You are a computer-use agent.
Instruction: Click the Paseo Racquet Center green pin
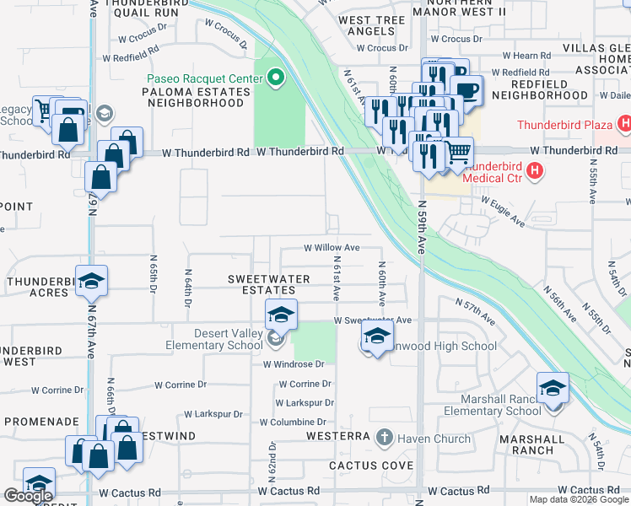(276, 79)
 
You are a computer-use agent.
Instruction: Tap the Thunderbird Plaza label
(564, 126)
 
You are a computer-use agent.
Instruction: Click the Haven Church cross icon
(385, 437)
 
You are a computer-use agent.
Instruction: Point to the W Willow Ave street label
(332, 248)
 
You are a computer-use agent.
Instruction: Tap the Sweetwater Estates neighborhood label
(262, 284)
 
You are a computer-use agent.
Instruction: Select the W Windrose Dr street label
(294, 364)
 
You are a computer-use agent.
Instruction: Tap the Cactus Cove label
(371, 466)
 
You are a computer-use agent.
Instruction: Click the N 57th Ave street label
(476, 312)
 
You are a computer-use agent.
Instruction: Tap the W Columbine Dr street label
(292, 422)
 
